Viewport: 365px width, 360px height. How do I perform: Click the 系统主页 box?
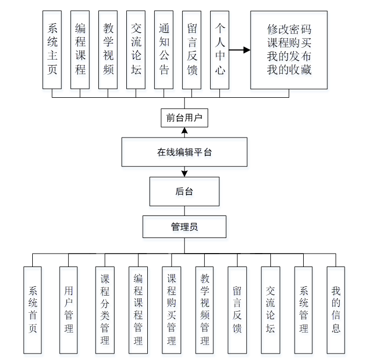tap(52, 49)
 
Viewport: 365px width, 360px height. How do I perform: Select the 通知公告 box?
tap(163, 49)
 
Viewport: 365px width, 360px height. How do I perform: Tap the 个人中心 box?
tap(219, 49)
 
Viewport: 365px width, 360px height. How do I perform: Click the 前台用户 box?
tap(184, 118)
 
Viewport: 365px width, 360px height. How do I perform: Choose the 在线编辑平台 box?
tap(184, 152)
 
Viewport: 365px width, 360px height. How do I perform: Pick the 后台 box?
tap(184, 192)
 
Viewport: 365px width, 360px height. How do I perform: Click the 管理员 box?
tap(184, 227)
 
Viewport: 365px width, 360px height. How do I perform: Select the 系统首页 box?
tap(33, 309)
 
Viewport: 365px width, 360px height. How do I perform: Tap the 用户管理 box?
tap(68, 309)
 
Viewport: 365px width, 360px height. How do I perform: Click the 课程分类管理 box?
tap(104, 309)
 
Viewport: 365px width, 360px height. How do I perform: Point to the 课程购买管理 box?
tap(171, 309)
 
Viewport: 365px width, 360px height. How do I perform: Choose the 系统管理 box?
tap(303, 309)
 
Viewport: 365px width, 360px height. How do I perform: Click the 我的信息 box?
tap(336, 309)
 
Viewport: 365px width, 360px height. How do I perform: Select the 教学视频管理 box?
tap(204, 309)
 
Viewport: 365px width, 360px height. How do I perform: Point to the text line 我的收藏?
tap(289, 70)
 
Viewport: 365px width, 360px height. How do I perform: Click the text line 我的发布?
tap(289, 56)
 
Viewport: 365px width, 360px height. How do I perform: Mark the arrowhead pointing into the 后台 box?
tap(184, 174)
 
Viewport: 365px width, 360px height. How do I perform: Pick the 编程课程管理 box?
tap(138, 309)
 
